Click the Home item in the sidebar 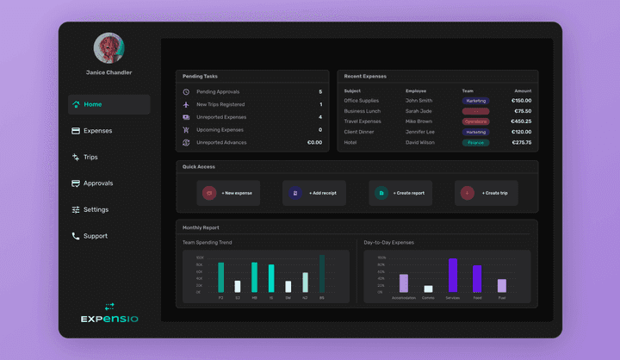[93, 104]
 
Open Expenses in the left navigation [97, 131]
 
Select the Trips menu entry [90, 158]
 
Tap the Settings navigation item [96, 209]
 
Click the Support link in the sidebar [95, 236]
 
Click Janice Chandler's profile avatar [108, 48]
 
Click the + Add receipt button [314, 193]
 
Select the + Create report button [400, 193]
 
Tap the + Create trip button [487, 193]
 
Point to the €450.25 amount [521, 121]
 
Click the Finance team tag [475, 142]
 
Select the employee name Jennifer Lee [419, 132]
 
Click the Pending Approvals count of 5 [320, 91]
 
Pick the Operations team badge [475, 121]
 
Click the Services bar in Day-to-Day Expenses [452, 275]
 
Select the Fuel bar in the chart [501, 285]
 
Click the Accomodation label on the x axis [404, 298]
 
